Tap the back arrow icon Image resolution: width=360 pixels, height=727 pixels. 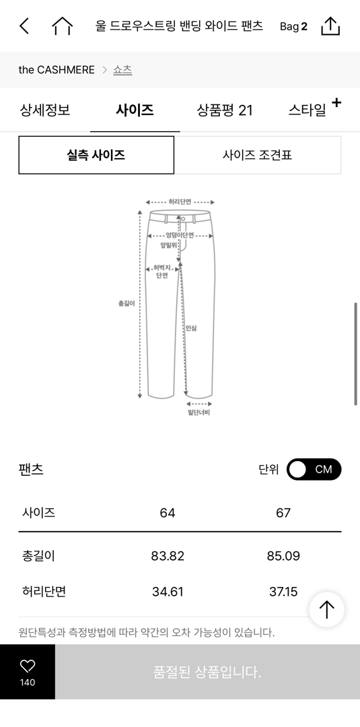pos(24,26)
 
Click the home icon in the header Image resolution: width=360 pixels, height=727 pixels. pos(62,26)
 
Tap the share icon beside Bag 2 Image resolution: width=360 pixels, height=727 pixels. pos(330,26)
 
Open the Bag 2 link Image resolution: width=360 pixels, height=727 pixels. pos(293,26)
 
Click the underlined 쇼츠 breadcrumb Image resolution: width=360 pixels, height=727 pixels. pos(122,69)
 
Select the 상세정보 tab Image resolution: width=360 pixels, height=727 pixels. pos(45,110)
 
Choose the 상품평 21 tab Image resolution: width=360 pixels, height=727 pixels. pos(225,110)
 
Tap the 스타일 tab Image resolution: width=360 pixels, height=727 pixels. pos(308,110)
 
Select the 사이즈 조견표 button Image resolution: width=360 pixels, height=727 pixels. pos(258,155)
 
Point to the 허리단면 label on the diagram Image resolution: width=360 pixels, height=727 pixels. pos(180,202)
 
